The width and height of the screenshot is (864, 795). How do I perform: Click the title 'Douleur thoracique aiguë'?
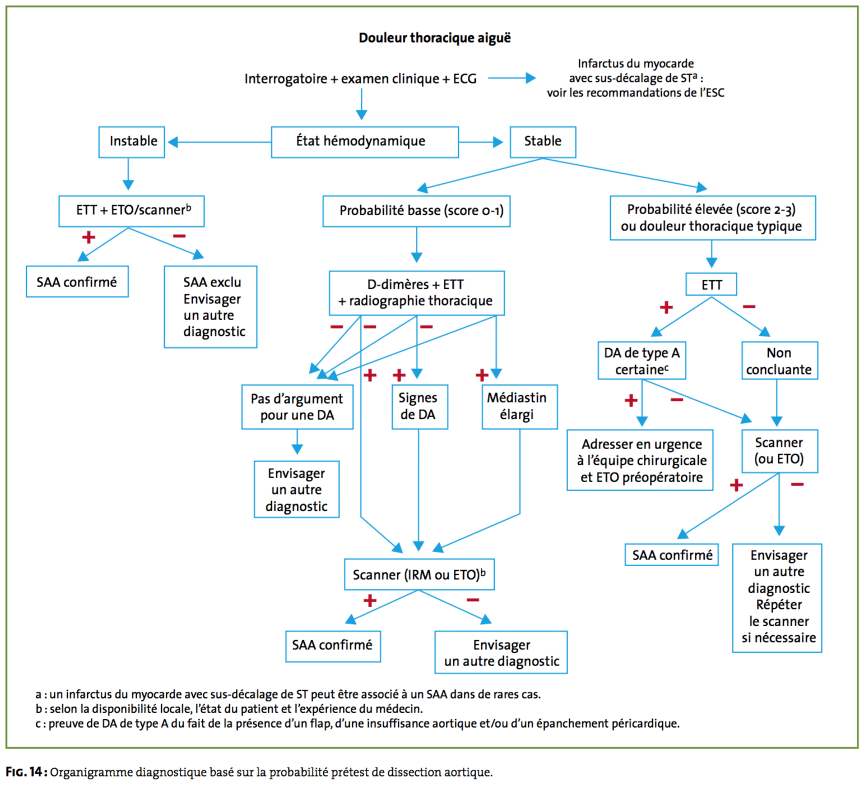(x=435, y=38)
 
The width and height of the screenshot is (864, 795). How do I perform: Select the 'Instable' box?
(x=132, y=142)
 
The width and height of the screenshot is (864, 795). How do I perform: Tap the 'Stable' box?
(x=543, y=142)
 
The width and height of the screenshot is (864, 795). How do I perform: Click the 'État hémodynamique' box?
(x=365, y=142)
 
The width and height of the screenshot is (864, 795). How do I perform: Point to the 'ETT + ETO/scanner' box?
(x=132, y=211)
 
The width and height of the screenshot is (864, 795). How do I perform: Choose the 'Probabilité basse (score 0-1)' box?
(x=416, y=211)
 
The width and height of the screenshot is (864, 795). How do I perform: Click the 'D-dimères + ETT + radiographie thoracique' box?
(x=416, y=293)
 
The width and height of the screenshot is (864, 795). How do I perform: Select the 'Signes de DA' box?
(x=420, y=406)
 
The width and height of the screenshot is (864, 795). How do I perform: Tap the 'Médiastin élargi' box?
(x=519, y=406)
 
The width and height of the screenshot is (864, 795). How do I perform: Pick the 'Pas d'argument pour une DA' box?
(x=297, y=406)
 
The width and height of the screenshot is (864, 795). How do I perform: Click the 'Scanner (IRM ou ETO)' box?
(x=419, y=574)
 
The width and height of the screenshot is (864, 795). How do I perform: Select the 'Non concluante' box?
(x=779, y=360)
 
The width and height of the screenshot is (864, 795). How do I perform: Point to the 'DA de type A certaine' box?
(x=642, y=360)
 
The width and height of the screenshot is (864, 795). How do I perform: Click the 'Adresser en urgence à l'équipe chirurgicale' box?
(x=640, y=460)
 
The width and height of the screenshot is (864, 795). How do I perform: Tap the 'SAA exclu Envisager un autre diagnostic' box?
(x=210, y=307)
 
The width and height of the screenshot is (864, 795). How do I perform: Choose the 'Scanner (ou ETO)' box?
(x=779, y=451)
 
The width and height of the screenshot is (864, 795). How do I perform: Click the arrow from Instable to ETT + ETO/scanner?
(x=128, y=174)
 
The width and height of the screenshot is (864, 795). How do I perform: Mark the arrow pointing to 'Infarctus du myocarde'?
(x=512, y=78)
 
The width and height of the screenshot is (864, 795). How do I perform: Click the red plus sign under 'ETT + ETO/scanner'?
(x=89, y=237)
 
